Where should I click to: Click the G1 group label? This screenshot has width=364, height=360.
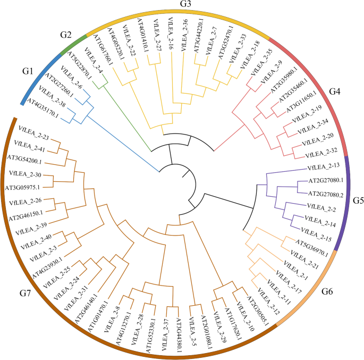(28, 71)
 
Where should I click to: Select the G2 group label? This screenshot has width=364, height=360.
(66, 35)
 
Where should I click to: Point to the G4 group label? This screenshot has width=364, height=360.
(334, 91)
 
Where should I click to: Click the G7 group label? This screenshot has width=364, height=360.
(28, 294)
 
